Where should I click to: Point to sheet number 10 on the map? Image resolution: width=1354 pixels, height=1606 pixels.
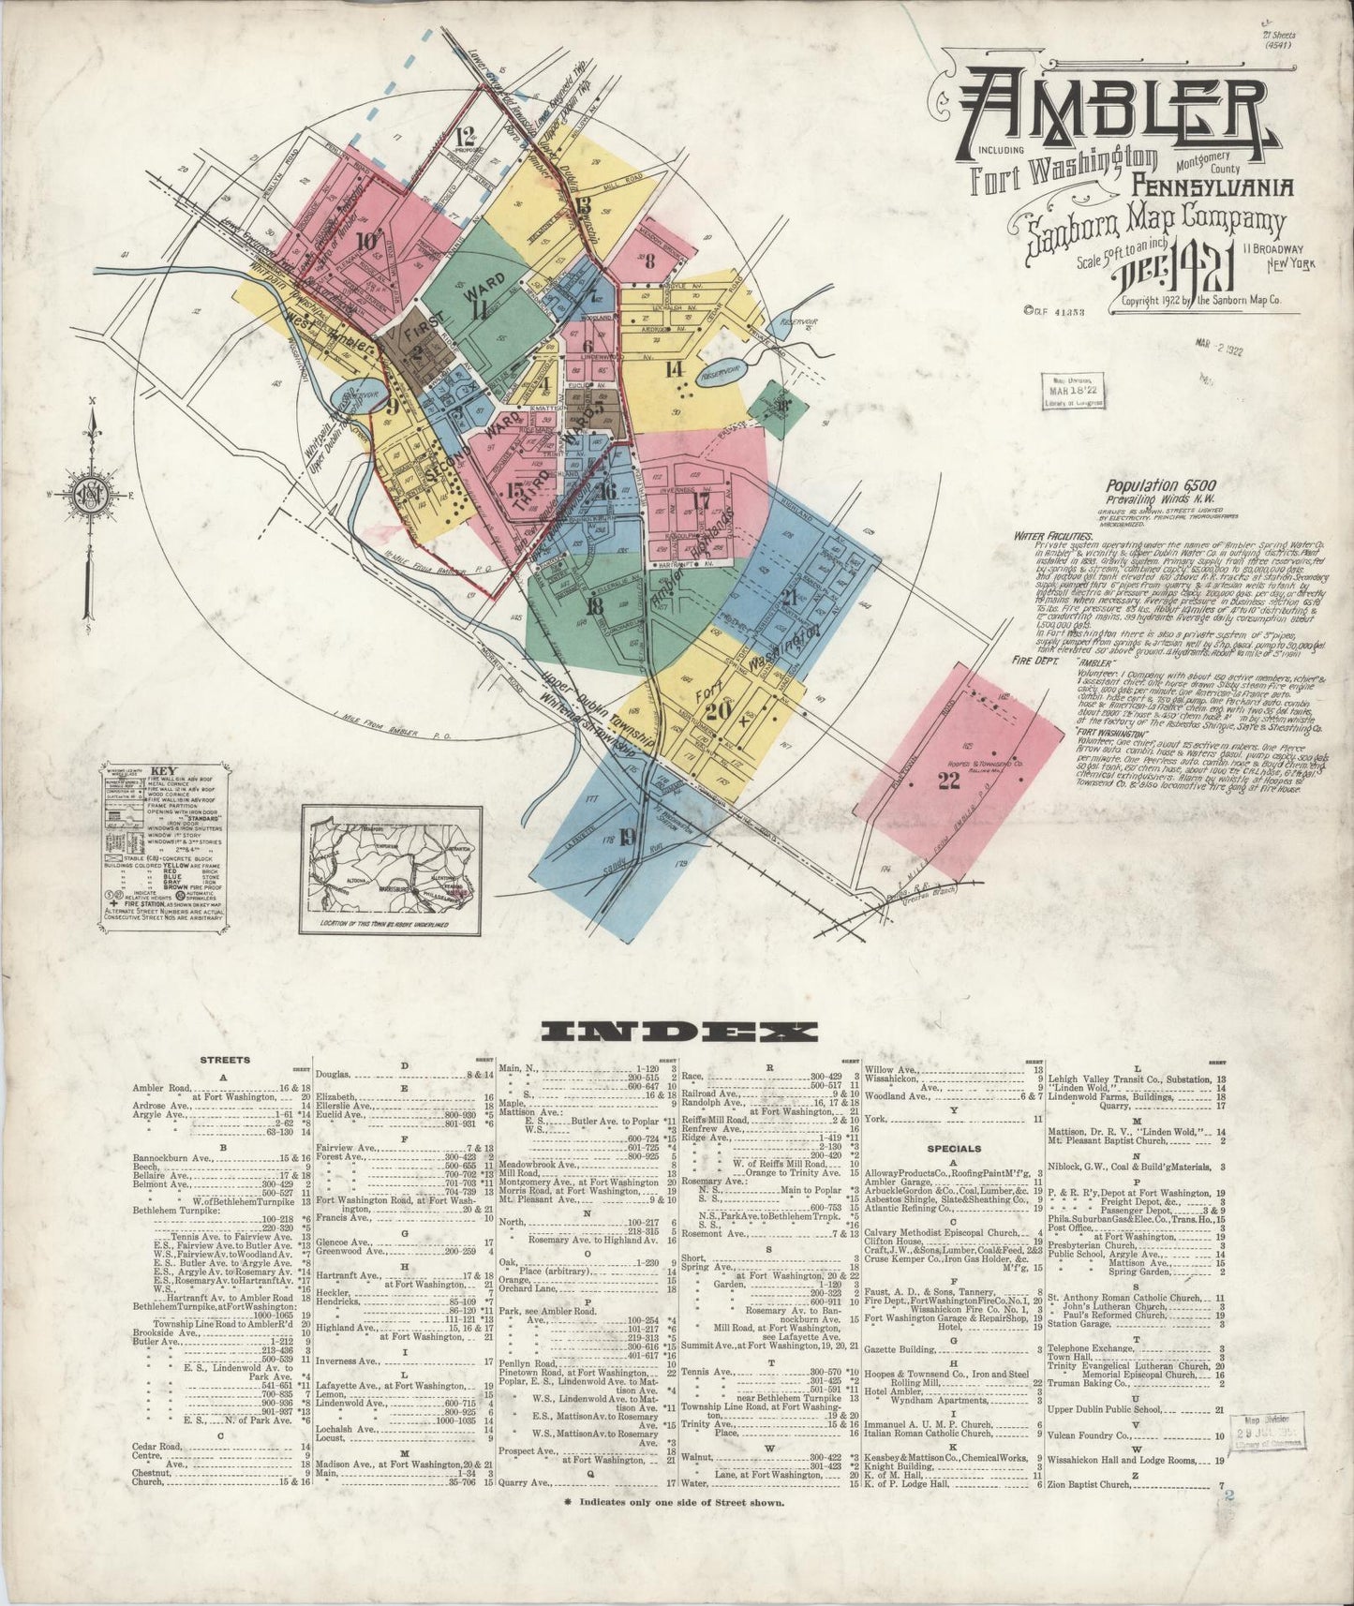pos(365,238)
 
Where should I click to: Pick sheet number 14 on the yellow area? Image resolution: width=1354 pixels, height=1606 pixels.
pos(675,369)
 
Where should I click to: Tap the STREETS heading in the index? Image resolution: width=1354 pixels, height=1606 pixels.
pos(225,1061)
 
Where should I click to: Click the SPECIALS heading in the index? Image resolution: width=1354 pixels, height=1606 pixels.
pos(954,1148)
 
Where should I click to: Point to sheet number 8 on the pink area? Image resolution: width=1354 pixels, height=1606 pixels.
pos(649,261)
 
